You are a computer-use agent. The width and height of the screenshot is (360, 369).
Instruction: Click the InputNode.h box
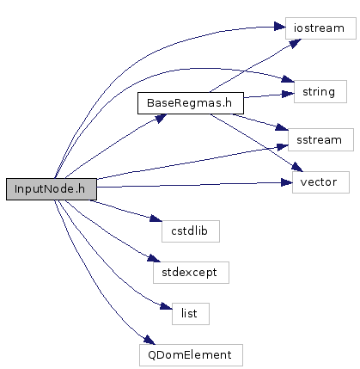pos(52,189)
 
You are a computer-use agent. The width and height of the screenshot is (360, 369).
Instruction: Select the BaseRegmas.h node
pos(191,103)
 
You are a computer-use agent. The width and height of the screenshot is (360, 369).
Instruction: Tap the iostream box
pos(320,28)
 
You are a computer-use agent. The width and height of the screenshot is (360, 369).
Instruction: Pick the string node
pos(320,92)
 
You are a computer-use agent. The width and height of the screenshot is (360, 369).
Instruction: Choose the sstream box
pos(320,140)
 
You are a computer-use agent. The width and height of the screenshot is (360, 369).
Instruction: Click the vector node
pos(320,182)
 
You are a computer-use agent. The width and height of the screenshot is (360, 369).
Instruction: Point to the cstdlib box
pos(191,231)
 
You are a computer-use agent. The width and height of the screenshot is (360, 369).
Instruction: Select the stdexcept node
pos(191,273)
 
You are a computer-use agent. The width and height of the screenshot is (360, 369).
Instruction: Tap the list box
pos(191,314)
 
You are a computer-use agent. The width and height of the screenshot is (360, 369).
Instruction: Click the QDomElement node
pos(191,355)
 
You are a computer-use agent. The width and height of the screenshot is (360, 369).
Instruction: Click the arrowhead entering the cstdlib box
pos(156,218)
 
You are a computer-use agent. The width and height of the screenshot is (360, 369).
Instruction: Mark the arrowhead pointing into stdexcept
pos(154,258)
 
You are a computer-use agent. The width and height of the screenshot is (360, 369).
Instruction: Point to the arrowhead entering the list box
pos(167,306)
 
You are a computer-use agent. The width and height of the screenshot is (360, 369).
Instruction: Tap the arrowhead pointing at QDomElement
pos(149,340)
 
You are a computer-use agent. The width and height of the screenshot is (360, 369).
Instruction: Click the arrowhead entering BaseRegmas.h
pos(161,118)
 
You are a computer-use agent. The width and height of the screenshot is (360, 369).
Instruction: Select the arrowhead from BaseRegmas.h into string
pos(288,94)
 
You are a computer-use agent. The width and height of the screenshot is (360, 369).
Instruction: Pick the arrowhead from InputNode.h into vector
pos(286,182)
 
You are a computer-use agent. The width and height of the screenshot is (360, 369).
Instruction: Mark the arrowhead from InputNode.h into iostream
pos(280,27)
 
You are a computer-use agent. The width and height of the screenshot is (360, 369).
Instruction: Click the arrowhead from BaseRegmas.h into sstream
pos(282,127)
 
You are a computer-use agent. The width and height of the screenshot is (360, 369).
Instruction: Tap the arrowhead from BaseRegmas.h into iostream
pos(295,44)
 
